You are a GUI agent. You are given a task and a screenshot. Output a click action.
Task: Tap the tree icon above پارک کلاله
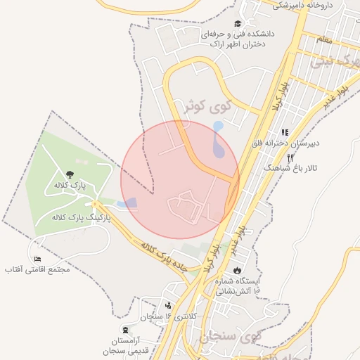69,174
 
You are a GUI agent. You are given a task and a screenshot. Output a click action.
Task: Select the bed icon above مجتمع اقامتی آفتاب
37,259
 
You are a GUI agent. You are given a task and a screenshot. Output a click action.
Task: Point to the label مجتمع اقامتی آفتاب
37,269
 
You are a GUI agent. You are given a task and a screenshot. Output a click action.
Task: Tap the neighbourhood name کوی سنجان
231,337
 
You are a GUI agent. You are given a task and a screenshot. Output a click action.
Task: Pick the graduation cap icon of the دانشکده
237,23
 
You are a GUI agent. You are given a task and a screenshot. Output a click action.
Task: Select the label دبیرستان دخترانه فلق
286,143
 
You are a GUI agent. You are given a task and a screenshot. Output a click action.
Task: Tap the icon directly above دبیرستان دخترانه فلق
285,132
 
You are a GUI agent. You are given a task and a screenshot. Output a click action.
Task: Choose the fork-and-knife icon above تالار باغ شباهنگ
290,158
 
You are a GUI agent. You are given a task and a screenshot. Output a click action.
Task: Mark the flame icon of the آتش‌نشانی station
238,270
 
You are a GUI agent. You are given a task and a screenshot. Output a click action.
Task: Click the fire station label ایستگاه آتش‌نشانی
237,285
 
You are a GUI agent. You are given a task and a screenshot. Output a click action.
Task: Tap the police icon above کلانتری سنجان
168,306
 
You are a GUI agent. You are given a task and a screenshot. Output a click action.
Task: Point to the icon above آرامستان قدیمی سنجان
125,330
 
